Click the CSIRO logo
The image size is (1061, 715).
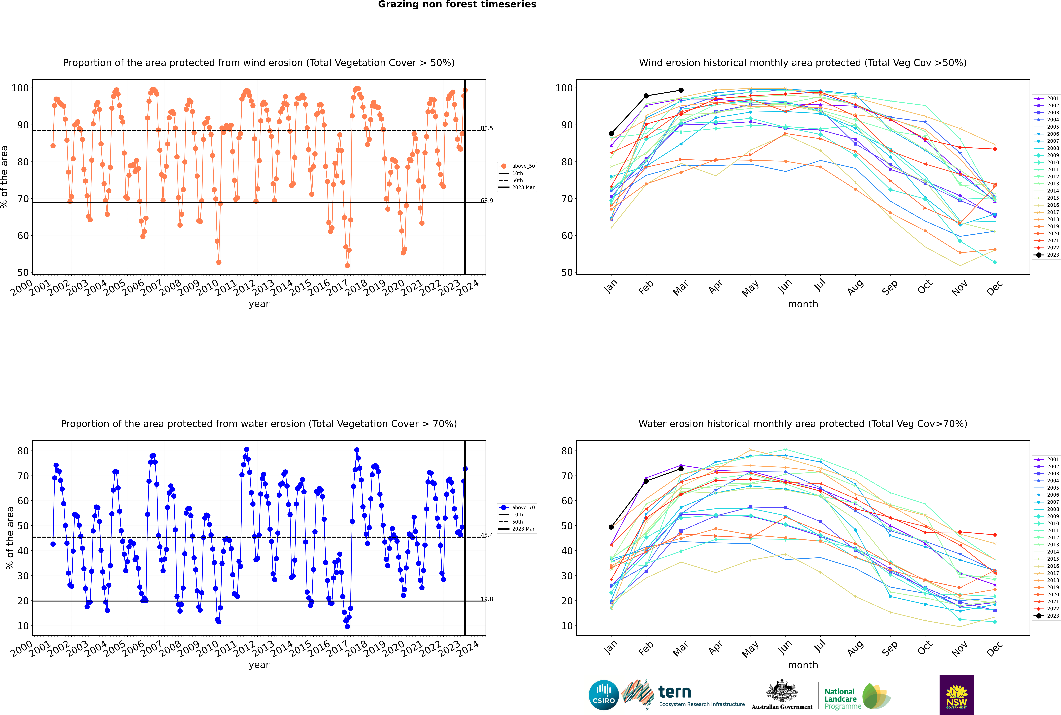click(603, 695)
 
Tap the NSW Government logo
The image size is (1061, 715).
click(957, 695)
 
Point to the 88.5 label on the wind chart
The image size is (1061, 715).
click(487, 128)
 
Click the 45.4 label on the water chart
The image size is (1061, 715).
click(487, 535)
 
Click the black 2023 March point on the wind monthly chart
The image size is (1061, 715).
click(681, 90)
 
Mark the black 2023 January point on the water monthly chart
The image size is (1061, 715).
click(611, 527)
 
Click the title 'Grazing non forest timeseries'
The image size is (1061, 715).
click(457, 5)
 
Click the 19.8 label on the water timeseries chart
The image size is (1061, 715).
click(487, 599)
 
